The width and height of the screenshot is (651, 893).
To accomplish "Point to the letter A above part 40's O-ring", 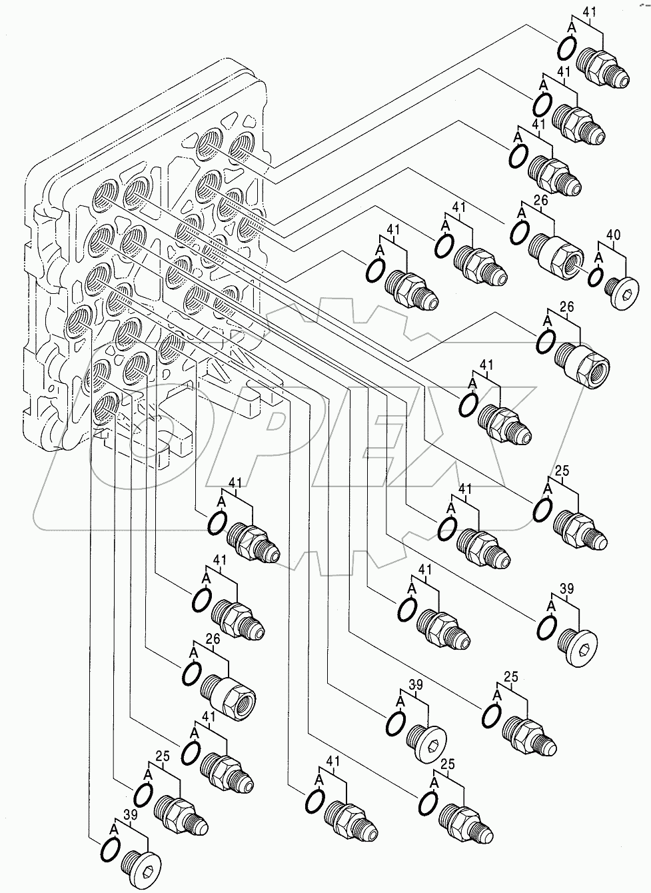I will point(598,256).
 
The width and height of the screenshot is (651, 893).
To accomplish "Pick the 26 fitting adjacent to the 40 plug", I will point(557,252).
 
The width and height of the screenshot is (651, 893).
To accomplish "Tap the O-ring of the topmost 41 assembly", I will point(566,47).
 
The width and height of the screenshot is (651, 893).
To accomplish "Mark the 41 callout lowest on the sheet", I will point(332,760).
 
